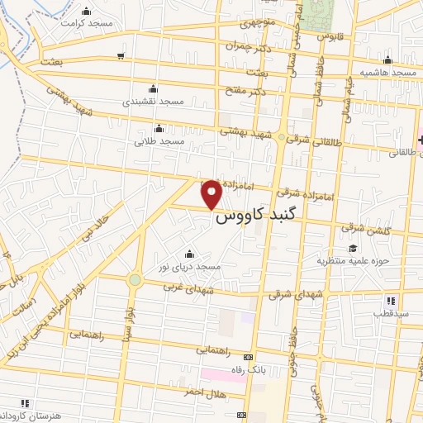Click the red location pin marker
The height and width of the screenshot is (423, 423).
coord(212,194)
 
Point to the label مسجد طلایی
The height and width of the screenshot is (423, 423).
coord(159,141)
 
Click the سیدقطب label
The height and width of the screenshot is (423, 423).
coord(389,315)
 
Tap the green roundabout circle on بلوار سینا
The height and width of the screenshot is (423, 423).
coord(134,280)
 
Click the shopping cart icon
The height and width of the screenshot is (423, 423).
coord(121,56)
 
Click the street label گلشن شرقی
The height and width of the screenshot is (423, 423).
coord(361,227)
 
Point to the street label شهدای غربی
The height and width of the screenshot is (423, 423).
coord(188,291)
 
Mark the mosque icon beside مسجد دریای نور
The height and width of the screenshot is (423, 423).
coord(190,254)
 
